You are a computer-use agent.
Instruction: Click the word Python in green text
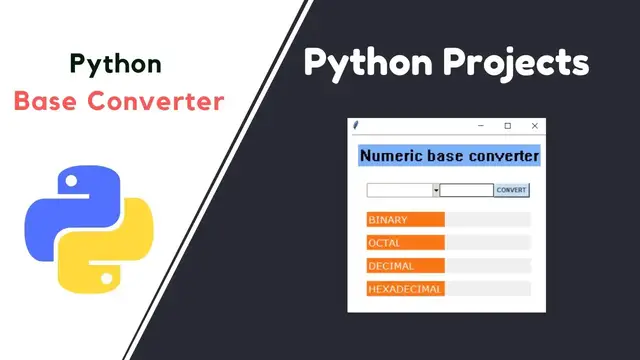pos(115,64)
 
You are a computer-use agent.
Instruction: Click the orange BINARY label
pos(405,219)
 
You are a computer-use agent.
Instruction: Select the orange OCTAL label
pos(405,242)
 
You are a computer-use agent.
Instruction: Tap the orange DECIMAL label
pos(405,266)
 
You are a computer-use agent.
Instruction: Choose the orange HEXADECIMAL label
pos(405,289)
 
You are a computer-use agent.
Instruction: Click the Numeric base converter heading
pos(448,156)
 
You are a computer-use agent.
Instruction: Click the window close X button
pos(535,125)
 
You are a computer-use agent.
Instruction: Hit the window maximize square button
pos(508,125)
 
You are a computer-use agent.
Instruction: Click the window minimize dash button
pos(481,125)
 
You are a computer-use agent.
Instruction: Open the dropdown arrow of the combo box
pos(436,190)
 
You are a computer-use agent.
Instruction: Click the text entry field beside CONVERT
pos(466,190)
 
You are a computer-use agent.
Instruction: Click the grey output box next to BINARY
pos(487,219)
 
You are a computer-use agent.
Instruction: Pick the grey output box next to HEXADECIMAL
pos(487,289)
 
